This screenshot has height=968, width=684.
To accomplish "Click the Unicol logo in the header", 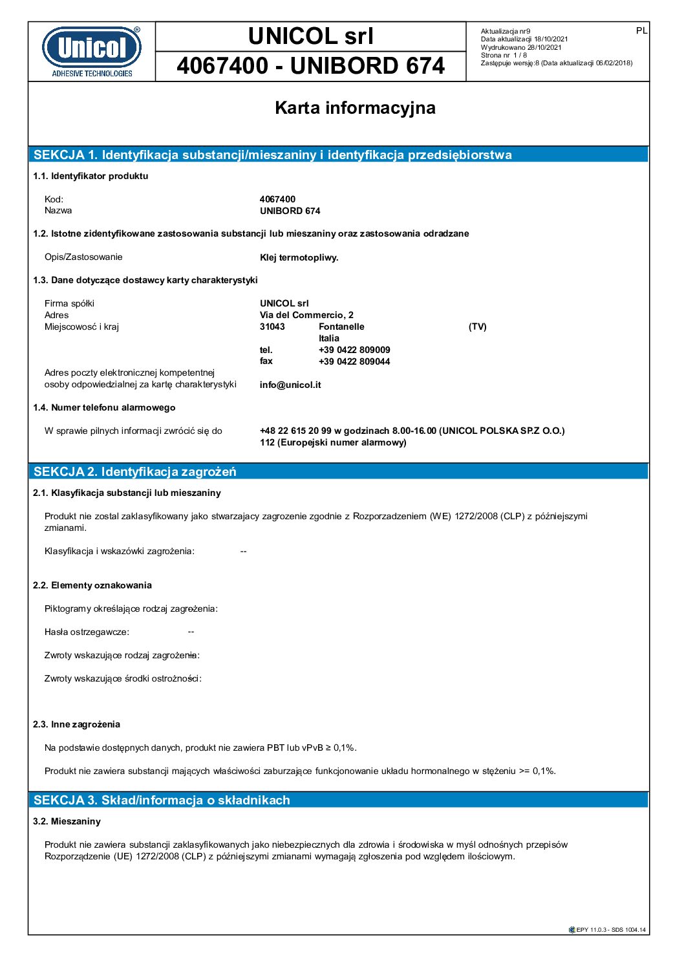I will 92,51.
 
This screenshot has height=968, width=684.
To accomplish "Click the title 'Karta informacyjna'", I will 355,108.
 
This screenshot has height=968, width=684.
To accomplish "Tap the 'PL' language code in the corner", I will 641,30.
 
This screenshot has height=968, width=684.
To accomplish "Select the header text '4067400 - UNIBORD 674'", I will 310,66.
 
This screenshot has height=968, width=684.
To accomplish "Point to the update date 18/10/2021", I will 551,39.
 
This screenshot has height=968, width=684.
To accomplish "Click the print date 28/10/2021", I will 544,47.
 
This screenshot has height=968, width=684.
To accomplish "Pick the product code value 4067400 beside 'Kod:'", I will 277,199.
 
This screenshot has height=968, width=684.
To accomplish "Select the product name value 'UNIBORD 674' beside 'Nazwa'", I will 290,211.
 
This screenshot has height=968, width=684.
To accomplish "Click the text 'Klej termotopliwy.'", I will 299,257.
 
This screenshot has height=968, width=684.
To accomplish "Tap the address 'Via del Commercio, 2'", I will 306,315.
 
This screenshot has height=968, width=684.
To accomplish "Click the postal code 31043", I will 272,327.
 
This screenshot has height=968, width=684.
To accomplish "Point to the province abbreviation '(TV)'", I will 477,327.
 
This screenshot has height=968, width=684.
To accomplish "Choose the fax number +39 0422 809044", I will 354,361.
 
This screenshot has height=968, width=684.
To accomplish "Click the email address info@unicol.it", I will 290,385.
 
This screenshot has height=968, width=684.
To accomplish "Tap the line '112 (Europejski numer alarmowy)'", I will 333,442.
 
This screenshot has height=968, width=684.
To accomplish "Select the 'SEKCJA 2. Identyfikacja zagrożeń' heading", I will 135,471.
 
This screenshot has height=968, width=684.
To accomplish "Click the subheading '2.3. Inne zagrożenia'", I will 76,724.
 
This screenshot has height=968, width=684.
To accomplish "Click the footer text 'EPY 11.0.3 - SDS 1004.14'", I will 610,930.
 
